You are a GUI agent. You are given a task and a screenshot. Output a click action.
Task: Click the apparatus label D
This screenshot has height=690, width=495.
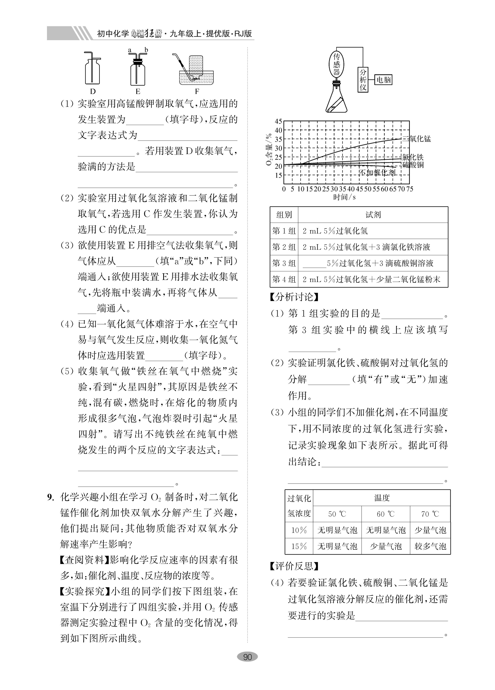point(93,91)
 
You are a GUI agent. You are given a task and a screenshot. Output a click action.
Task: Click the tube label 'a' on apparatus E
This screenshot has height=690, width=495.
point(130,50)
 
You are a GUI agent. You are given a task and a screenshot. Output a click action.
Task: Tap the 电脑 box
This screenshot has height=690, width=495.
point(383,80)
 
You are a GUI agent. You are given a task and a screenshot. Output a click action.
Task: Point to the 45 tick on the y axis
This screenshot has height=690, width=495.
point(278,121)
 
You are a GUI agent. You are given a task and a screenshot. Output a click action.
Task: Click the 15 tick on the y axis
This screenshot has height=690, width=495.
point(278,175)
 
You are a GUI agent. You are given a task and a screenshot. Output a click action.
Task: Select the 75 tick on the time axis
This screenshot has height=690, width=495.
point(409,189)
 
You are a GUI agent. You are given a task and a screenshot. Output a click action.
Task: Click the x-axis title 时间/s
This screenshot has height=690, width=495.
point(344,197)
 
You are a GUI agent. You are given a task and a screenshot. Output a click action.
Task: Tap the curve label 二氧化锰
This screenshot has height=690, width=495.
point(417,139)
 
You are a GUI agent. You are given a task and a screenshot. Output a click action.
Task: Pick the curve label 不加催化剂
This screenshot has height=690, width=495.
point(377,173)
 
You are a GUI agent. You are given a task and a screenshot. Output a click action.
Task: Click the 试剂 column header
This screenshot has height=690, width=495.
point(373,215)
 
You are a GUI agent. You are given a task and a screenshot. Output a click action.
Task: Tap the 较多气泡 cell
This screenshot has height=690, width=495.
point(430,546)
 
